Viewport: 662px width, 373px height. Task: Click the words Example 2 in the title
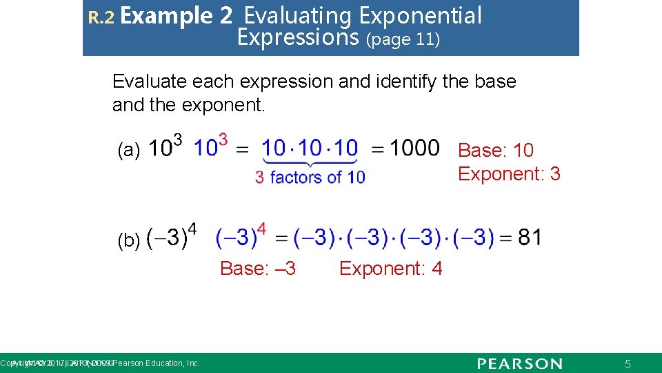pyautogui.click(x=176, y=15)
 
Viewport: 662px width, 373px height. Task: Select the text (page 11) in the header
pyautogui.click(x=403, y=39)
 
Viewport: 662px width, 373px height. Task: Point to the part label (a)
pyautogui.click(x=129, y=150)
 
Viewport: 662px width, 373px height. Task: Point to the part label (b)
pyautogui.click(x=129, y=240)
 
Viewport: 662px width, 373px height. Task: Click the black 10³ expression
pyautogui.click(x=165, y=148)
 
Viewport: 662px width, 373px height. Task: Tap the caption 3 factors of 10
pyautogui.click(x=310, y=178)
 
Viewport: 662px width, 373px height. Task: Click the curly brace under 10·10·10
pyautogui.click(x=310, y=164)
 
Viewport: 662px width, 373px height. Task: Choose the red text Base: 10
pyautogui.click(x=496, y=150)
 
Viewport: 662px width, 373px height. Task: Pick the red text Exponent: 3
pyautogui.click(x=509, y=174)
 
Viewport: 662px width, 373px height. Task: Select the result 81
pyautogui.click(x=530, y=238)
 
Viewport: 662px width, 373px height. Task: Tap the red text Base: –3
pyautogui.click(x=258, y=268)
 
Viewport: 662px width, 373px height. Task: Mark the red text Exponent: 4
pyautogui.click(x=390, y=268)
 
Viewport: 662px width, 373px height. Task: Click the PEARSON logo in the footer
pyautogui.click(x=520, y=363)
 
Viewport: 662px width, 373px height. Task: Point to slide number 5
pyautogui.click(x=628, y=364)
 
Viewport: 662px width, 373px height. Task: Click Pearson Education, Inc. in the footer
pyautogui.click(x=156, y=363)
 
